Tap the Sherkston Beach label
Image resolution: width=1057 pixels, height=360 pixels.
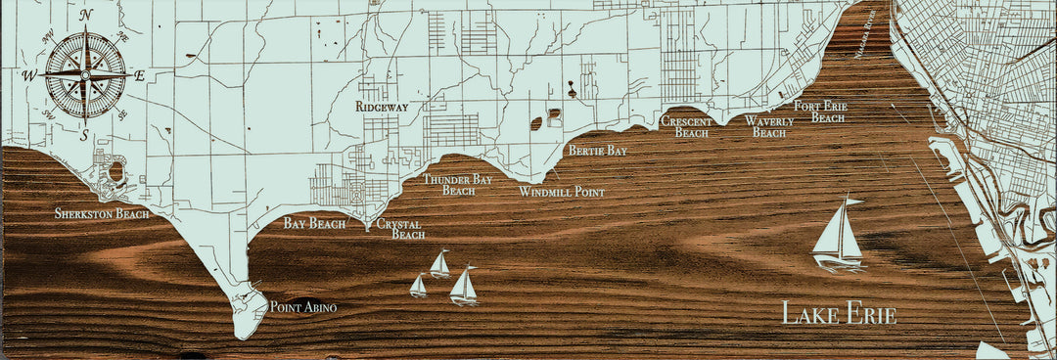click(102, 213)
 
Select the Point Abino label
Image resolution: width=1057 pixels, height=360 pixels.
click(302, 308)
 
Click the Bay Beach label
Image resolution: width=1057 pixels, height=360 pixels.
click(314, 224)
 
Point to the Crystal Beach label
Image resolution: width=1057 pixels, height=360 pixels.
click(401, 229)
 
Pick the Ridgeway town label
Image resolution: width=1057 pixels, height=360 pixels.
click(382, 106)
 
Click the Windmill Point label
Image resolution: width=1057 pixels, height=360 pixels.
click(561, 192)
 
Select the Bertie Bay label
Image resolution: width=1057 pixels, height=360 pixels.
click(597, 151)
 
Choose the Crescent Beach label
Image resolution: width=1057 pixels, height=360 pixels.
click(685, 126)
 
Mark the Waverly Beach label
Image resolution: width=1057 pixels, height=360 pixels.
click(768, 126)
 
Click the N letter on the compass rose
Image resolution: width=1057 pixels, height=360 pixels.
click(86, 14)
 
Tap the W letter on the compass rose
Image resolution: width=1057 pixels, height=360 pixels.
click(29, 74)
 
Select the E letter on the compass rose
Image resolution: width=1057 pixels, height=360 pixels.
click(139, 74)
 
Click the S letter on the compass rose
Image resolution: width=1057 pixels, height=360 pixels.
click(85, 134)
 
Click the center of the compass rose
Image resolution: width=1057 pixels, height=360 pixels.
click(85, 73)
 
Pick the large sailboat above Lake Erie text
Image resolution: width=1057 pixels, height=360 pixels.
click(838, 236)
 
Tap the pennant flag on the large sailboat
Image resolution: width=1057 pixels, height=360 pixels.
click(854, 202)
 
